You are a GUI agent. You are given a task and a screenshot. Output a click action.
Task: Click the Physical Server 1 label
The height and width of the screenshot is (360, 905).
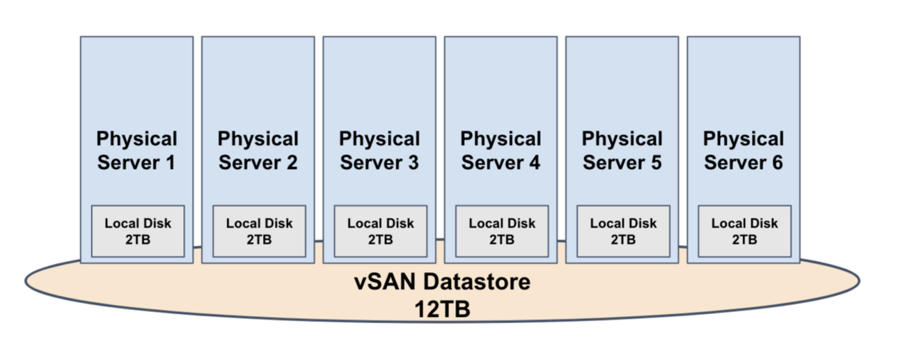(137, 150)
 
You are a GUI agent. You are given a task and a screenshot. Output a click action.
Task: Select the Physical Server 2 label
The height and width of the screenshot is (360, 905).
(258, 150)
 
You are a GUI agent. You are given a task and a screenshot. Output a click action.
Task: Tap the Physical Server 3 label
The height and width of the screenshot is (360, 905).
(379, 150)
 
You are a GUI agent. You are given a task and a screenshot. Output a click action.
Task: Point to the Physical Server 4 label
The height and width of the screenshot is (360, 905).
(501, 150)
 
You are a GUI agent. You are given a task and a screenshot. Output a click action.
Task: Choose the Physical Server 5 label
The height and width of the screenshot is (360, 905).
(622, 150)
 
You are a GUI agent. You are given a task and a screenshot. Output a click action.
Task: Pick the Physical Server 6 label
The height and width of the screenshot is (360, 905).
(743, 150)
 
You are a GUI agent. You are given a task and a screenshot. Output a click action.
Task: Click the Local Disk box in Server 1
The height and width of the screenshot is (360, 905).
(138, 231)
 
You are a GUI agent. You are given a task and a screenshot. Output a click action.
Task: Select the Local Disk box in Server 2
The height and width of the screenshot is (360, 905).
(259, 231)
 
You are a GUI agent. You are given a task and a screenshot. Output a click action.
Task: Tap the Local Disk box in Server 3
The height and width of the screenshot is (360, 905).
(380, 231)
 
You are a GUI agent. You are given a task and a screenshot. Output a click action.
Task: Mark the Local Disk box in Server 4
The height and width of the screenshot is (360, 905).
(502, 231)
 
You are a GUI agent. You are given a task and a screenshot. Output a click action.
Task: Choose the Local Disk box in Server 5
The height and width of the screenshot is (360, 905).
(623, 231)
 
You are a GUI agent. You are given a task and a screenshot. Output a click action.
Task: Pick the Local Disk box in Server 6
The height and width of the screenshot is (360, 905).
(744, 231)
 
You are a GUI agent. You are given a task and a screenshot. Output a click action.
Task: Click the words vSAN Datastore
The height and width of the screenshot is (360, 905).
(442, 283)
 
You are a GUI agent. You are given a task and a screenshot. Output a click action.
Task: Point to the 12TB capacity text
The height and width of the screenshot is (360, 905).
(442, 308)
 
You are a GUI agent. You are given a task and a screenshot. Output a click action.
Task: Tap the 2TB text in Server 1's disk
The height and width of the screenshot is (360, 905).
(138, 240)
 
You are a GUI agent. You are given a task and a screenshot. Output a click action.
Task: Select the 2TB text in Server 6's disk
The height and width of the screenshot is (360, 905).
(744, 240)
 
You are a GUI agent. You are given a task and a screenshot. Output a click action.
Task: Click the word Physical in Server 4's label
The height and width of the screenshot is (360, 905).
(501, 139)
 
